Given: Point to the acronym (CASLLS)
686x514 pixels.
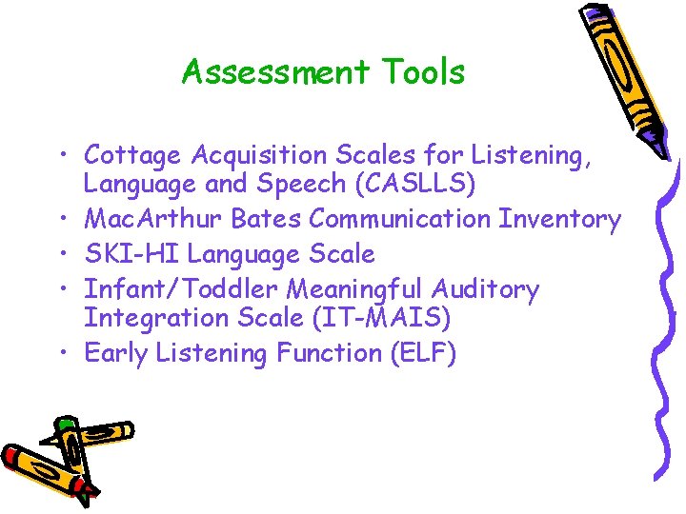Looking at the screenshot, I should coord(414,183).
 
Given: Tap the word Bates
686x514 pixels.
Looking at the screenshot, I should coord(265,219).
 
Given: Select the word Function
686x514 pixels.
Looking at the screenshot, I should coord(329,353).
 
